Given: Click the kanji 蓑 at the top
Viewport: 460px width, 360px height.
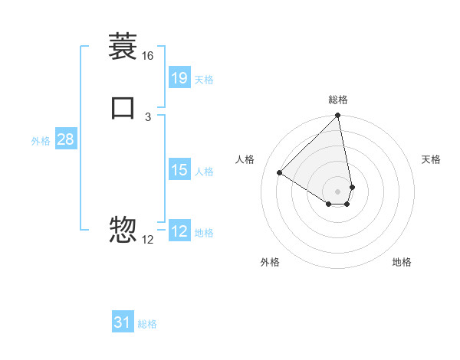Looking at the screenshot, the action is (x=123, y=47).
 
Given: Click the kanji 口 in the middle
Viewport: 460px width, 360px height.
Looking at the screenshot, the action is (x=123, y=106).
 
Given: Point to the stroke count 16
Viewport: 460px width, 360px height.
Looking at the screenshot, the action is (x=147, y=56).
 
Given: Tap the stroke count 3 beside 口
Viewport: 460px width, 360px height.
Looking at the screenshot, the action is (x=147, y=116).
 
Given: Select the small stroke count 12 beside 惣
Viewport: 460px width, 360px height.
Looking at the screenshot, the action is (x=147, y=239).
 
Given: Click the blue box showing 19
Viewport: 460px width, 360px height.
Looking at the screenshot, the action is (x=179, y=77).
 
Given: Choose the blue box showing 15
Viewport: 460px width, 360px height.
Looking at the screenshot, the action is (x=179, y=170).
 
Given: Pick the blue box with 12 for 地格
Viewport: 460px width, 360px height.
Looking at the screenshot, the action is (x=179, y=231).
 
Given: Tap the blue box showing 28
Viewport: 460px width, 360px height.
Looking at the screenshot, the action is (x=65, y=139).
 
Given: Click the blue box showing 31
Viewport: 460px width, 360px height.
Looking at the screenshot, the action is (x=123, y=322).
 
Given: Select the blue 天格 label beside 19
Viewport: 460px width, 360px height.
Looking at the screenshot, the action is (x=204, y=79).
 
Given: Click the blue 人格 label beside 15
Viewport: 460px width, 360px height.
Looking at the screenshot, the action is (x=204, y=172).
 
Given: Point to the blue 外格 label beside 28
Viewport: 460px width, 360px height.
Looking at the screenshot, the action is (x=41, y=141).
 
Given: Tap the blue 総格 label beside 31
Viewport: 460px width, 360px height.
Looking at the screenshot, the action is (x=147, y=324).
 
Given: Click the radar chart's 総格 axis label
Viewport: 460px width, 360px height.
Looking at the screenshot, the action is (x=338, y=100).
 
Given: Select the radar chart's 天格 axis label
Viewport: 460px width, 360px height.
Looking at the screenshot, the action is (x=431, y=159).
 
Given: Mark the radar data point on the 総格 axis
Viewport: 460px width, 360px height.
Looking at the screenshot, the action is (x=338, y=116).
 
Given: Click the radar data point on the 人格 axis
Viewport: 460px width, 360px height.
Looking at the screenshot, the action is (x=280, y=173).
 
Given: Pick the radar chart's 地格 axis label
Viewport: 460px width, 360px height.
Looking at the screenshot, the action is (x=402, y=262).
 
